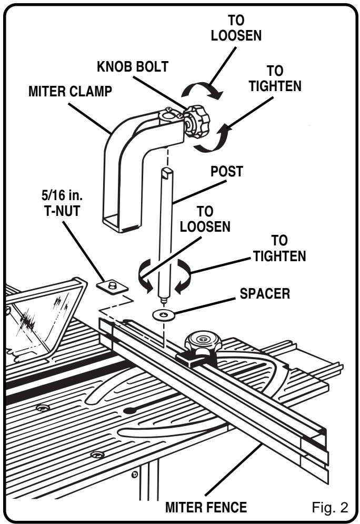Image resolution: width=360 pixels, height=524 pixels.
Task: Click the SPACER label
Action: coord(265,294)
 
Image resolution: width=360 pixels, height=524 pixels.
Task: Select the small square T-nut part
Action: coord(112,286)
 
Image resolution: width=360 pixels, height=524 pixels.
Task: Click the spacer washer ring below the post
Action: coord(164,315)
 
